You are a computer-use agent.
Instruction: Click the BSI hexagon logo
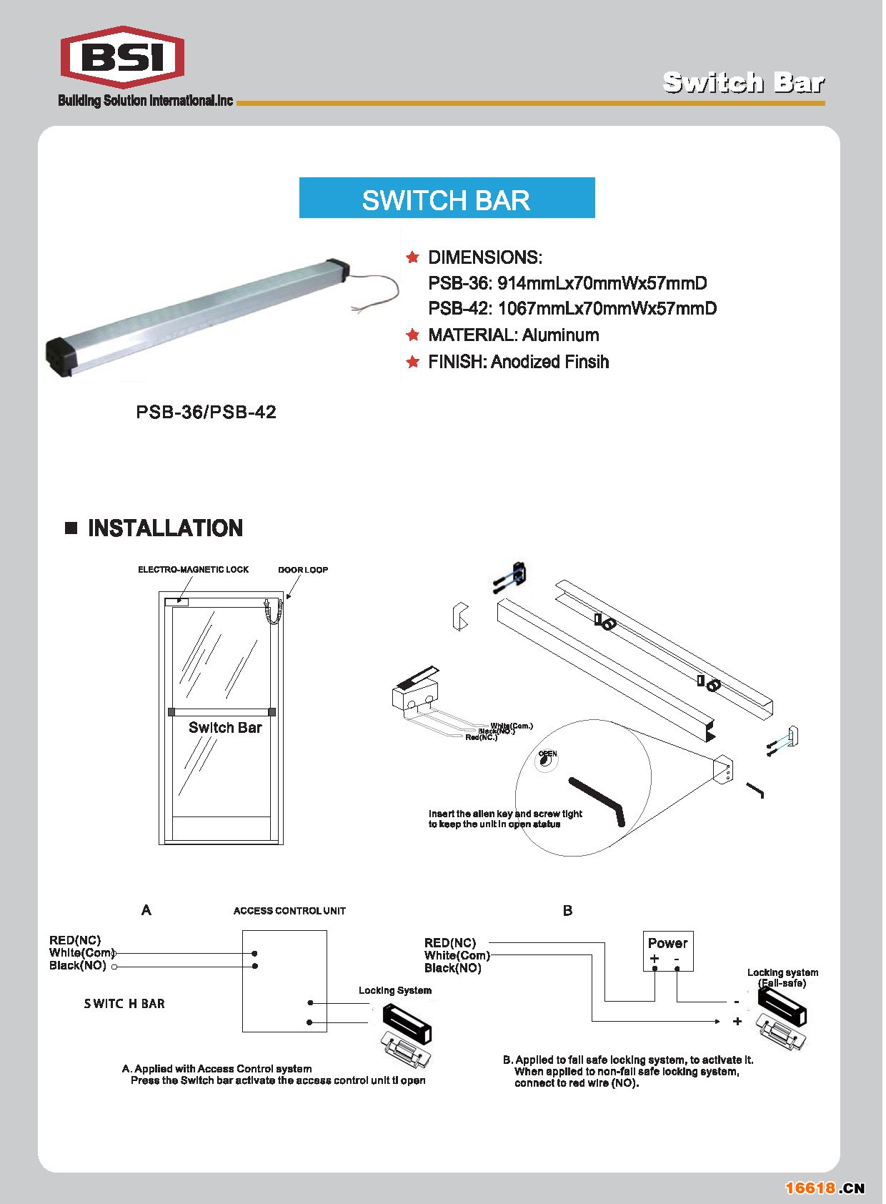click(122, 57)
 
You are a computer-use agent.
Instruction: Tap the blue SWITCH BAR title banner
click(447, 198)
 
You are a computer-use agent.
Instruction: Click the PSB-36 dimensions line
click(567, 283)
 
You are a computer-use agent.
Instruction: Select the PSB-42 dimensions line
click(572, 309)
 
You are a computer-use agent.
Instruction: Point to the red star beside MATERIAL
click(412, 335)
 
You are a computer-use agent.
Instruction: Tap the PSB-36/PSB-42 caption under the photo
click(206, 412)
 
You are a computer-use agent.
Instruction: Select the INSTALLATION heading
click(165, 528)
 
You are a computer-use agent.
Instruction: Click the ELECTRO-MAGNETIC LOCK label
click(193, 570)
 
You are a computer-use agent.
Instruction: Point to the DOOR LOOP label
click(303, 570)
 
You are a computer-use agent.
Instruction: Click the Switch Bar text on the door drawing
click(225, 728)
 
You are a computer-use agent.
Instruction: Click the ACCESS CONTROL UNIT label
click(289, 911)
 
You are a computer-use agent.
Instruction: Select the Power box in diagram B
click(667, 950)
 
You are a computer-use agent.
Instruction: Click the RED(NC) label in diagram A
click(75, 940)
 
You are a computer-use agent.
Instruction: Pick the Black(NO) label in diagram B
click(452, 968)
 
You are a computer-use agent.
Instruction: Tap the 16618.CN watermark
click(825, 1188)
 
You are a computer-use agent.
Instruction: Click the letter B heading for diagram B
click(567, 910)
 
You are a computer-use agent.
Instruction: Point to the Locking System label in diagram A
click(394, 990)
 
